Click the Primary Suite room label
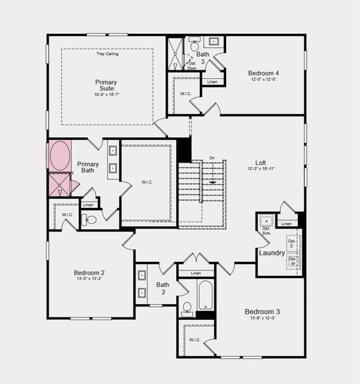click(x=106, y=85)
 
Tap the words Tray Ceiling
click(x=106, y=54)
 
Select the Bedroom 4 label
click(x=263, y=73)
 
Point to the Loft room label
click(x=261, y=163)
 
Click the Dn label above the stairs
click(x=212, y=157)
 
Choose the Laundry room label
click(x=272, y=253)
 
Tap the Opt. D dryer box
click(x=292, y=243)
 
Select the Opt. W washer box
click(x=292, y=262)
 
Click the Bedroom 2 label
click(x=89, y=273)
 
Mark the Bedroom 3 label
click(x=262, y=312)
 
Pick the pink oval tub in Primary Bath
click(x=60, y=156)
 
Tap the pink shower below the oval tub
click(x=60, y=184)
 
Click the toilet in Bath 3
click(x=194, y=47)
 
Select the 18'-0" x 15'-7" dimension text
click(x=106, y=95)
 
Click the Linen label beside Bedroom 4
click(x=213, y=82)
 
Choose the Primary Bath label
click(x=88, y=168)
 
